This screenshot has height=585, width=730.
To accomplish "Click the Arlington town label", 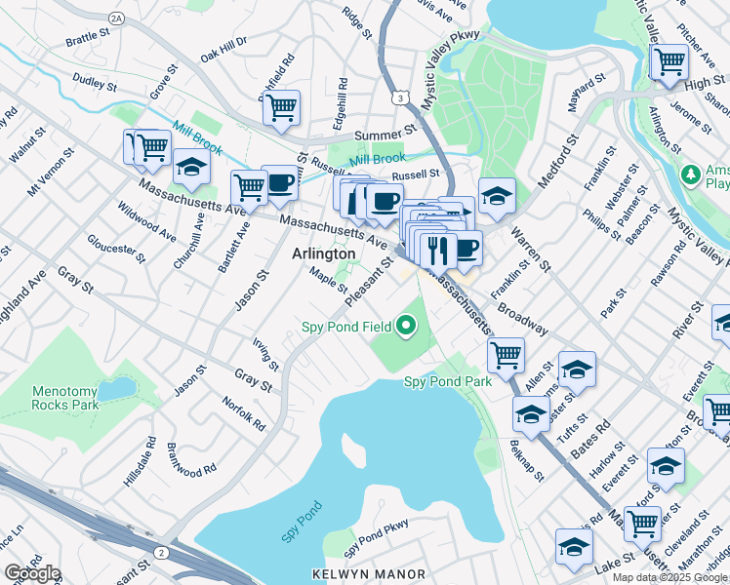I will coord(324,253).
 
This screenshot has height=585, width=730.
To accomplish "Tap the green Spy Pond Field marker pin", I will coord(409,325).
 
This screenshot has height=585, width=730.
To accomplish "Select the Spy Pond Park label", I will coord(448,382).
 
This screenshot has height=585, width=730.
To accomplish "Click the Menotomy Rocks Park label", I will coord(65,397).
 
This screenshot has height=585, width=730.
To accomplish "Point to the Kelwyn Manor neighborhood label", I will coord(367,573).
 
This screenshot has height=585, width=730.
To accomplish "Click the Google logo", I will coord(32,572).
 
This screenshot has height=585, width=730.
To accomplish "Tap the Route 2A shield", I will coord(118,19).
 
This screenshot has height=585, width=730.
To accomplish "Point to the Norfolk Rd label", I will coord(243,413).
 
